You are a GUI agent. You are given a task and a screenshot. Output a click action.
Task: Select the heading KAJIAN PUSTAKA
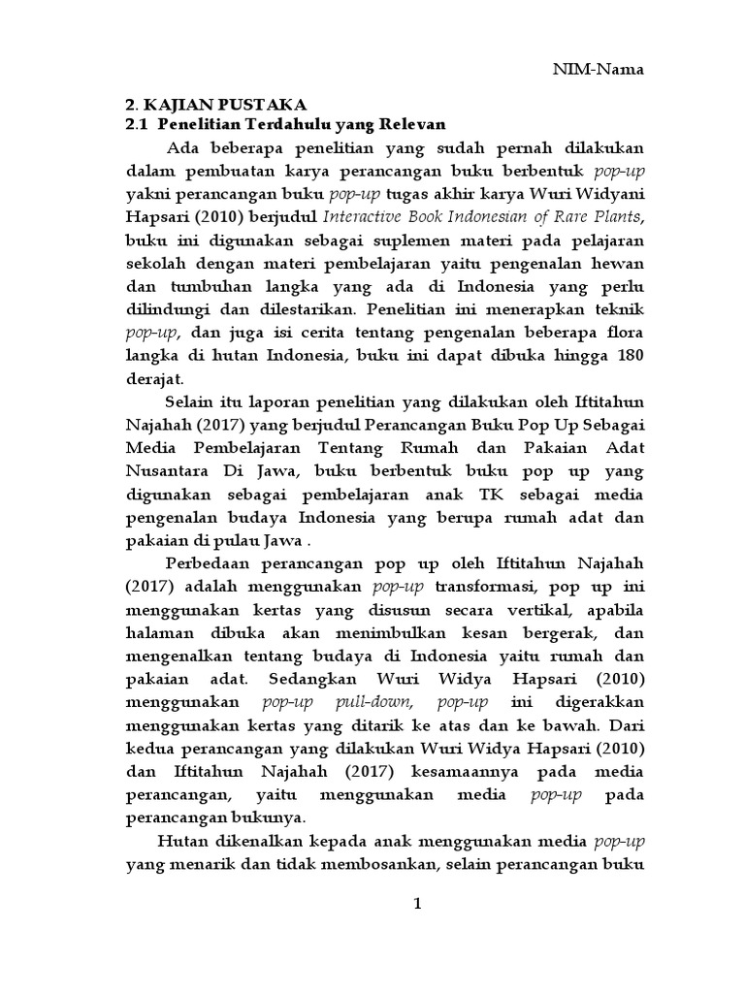pyautogui.click(x=222, y=104)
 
